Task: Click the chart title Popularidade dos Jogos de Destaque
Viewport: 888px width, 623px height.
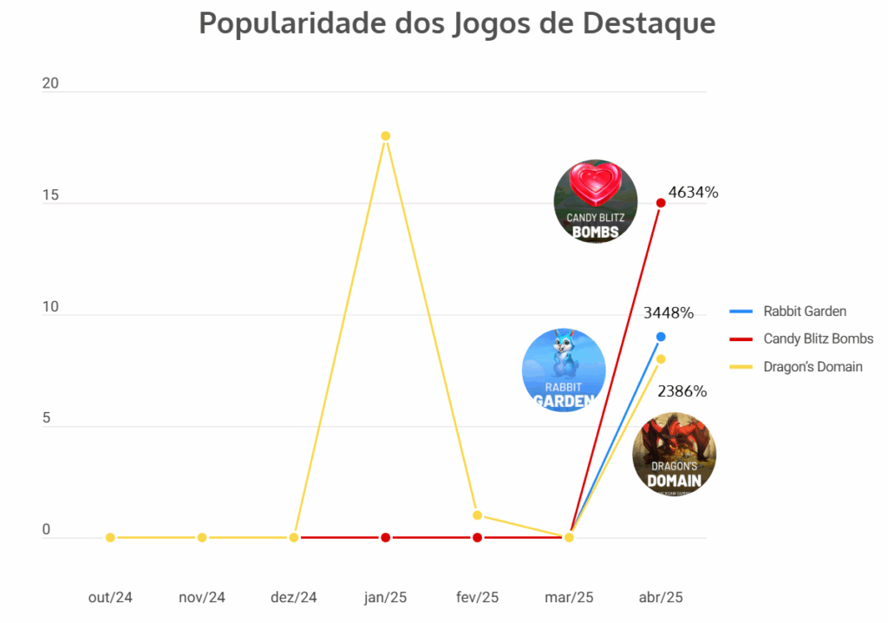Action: [457, 23]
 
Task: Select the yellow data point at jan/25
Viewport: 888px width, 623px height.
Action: [385, 136]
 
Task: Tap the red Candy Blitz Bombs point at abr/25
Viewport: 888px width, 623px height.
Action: [661, 203]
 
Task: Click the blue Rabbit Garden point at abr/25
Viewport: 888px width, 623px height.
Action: [661, 337]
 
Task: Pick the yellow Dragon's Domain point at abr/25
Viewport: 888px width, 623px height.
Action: [661, 359]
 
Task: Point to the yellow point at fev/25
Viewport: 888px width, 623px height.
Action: [477, 515]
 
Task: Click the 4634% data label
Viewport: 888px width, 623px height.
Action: [693, 193]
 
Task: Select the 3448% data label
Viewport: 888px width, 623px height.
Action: [668, 312]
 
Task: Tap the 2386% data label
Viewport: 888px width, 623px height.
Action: [682, 391]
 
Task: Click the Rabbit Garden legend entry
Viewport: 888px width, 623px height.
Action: [804, 311]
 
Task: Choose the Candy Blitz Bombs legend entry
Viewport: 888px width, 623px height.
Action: [818, 338]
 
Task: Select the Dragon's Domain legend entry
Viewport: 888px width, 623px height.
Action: [813, 366]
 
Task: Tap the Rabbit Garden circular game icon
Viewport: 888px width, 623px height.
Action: [564, 371]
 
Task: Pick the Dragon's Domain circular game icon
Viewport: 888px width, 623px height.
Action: [674, 454]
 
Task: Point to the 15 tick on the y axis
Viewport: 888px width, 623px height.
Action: [51, 196]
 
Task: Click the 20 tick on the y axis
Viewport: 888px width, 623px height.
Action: [51, 84]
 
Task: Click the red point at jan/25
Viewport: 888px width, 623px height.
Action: [385, 538]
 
